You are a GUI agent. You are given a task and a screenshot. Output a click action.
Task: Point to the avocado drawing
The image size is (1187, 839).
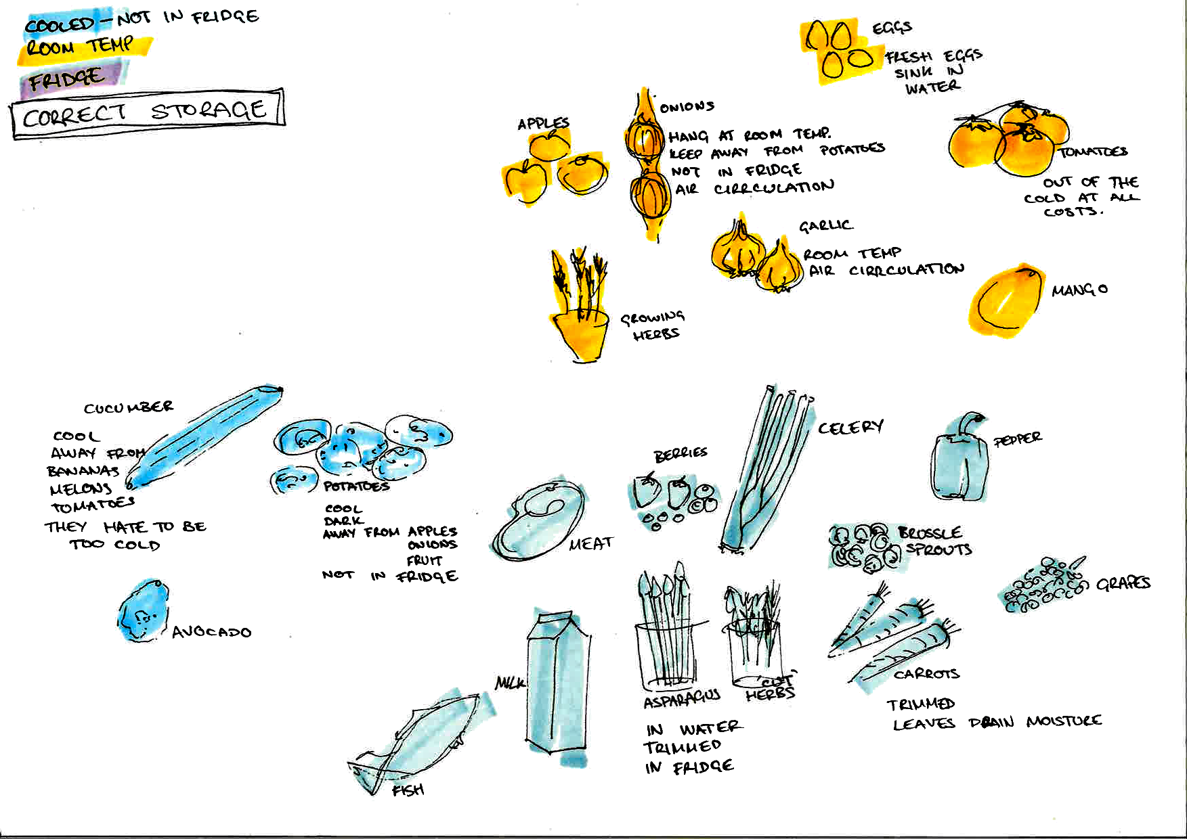tap(143, 612)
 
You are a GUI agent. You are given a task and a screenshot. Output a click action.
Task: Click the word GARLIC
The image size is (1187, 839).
tap(825, 226)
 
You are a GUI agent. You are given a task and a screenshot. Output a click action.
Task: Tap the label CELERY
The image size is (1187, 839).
tap(850, 428)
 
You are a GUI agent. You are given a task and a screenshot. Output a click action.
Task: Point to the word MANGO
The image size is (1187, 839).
tap(1079, 290)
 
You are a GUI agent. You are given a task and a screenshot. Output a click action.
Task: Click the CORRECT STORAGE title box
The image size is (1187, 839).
tap(148, 113)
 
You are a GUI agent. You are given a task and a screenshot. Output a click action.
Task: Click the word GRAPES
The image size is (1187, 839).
tap(1123, 583)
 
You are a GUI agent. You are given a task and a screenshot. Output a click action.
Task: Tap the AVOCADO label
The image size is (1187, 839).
tap(211, 633)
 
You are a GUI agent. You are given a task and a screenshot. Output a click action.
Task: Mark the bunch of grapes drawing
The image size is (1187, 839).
tap(1043, 585)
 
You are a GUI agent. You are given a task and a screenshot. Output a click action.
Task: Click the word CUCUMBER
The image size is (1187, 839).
tap(129, 407)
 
